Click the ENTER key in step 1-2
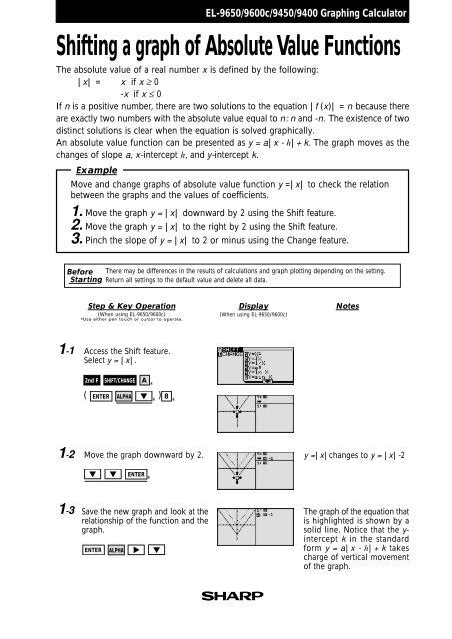[x=137, y=474]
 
